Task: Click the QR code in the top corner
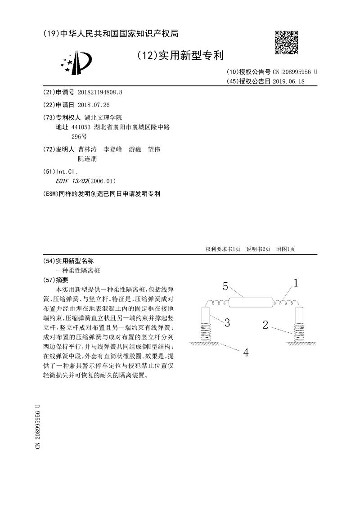click(x=286, y=43)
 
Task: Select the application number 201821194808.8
click(x=100, y=92)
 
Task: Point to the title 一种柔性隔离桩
click(x=78, y=271)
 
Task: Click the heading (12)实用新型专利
click(x=180, y=55)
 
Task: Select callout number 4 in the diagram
click(x=246, y=352)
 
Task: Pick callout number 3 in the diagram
click(x=227, y=322)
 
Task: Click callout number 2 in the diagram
click(x=266, y=324)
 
